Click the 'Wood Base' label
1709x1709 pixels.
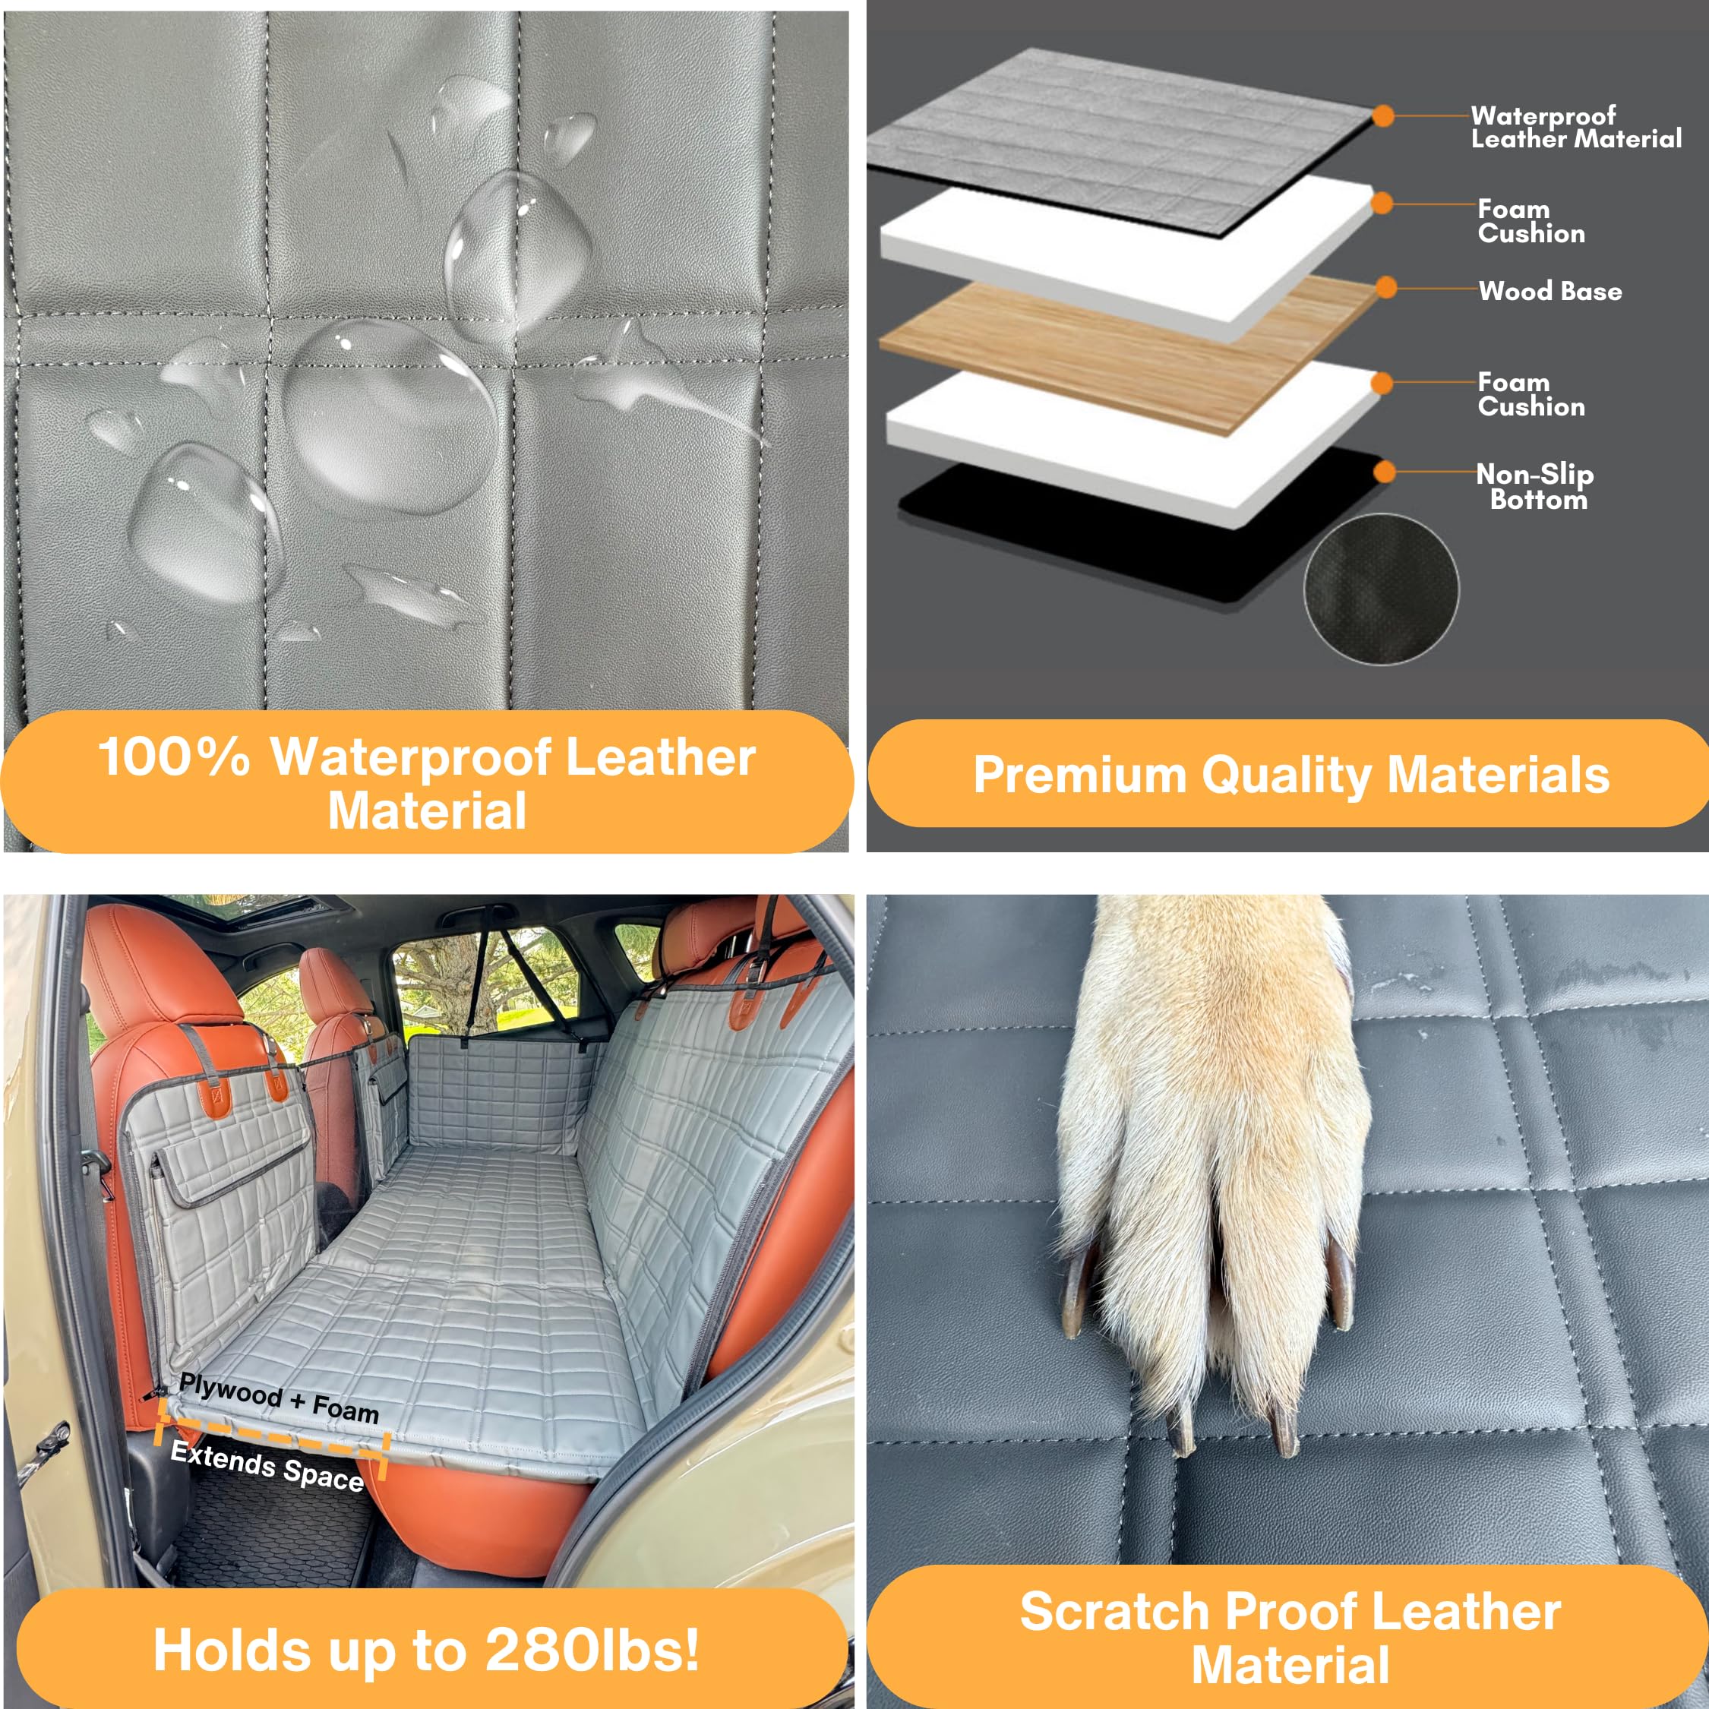[x=1549, y=291]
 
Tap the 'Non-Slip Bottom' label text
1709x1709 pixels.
[x=1536, y=487]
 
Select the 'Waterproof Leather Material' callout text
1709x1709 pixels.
[x=1575, y=128]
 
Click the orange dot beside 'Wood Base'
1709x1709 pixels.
[x=1386, y=287]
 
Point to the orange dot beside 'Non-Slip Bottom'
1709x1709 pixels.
[x=1385, y=472]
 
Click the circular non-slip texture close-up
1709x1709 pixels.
[x=1381, y=589]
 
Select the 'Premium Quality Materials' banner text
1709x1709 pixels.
[x=1290, y=775]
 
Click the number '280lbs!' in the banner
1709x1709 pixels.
[x=592, y=1651]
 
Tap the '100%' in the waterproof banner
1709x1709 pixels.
[x=173, y=757]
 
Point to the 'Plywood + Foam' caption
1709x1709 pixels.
[x=279, y=1398]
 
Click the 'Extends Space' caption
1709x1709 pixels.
[x=267, y=1466]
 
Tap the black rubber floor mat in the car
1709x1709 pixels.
[x=265, y=1539]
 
